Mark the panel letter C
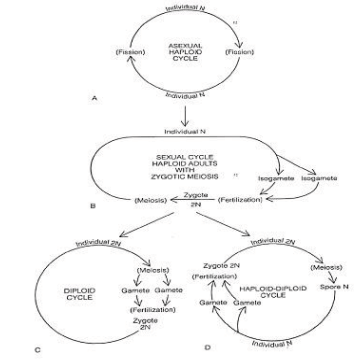point(38,348)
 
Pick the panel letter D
point(206,347)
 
